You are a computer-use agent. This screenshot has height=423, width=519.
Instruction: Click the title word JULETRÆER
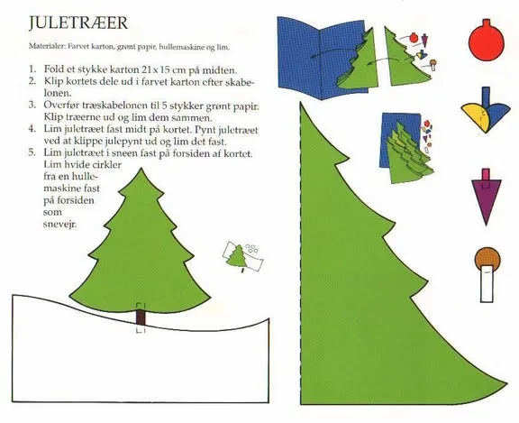click(x=78, y=23)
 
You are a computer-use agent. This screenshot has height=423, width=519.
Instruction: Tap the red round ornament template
click(x=487, y=42)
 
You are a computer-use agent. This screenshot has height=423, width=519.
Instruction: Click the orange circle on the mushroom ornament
click(x=487, y=258)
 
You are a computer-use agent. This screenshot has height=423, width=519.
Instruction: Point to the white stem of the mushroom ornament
click(x=487, y=283)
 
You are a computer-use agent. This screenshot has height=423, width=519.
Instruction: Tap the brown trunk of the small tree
click(x=141, y=317)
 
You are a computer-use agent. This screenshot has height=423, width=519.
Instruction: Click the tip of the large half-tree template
click(x=301, y=102)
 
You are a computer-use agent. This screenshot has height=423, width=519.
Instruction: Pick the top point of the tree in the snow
click(x=141, y=169)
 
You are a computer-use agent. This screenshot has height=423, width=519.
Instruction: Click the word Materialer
click(x=47, y=46)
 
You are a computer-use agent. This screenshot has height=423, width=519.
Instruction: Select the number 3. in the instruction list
click(x=32, y=105)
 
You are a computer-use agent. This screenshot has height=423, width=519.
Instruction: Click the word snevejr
click(x=59, y=225)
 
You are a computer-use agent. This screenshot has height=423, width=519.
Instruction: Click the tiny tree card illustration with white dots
click(x=243, y=257)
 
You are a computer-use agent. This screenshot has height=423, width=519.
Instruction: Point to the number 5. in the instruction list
click(x=32, y=153)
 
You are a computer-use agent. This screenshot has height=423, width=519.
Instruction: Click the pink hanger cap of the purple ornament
click(x=486, y=175)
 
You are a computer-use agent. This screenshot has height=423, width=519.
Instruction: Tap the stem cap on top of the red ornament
click(x=487, y=23)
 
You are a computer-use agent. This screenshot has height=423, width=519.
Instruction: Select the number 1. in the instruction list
click(x=32, y=69)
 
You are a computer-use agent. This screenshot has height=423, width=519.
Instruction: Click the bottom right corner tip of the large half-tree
click(x=506, y=383)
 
